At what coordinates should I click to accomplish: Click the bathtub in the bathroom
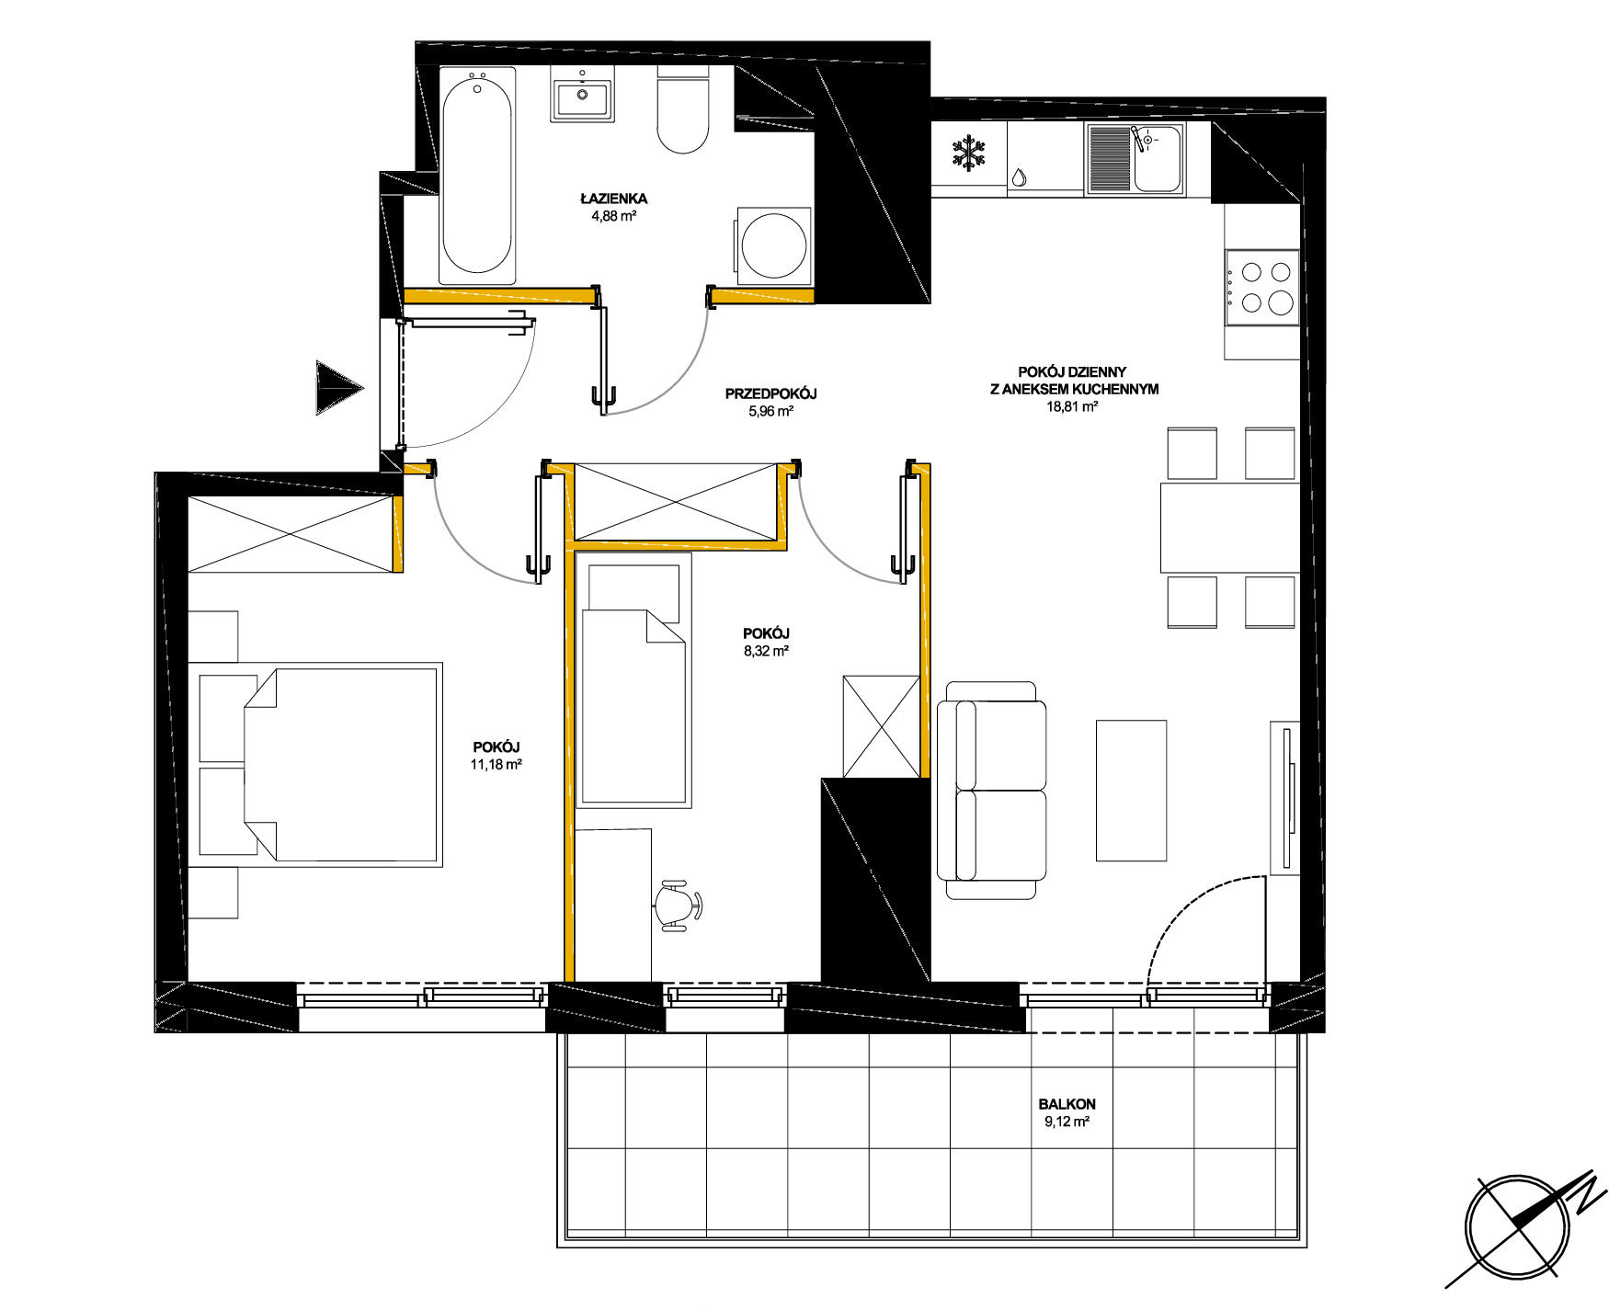477,175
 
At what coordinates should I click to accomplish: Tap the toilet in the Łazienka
683,112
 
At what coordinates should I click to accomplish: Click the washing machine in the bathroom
773,245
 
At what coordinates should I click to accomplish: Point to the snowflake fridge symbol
967,153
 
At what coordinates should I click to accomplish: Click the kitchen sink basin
1158,158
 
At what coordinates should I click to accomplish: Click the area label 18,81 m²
1073,405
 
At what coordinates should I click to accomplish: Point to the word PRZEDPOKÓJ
770,393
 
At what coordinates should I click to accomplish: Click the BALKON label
1067,1104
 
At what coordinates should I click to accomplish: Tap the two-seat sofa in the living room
991,791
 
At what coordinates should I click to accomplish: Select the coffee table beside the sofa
1131,791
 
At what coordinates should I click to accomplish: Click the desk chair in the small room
678,906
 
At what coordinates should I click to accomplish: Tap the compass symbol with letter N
1517,1227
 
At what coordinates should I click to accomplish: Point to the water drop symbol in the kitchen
1019,177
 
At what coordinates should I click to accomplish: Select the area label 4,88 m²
614,216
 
